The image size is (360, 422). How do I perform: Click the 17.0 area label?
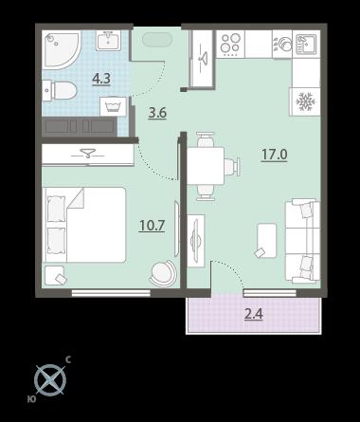(274, 155)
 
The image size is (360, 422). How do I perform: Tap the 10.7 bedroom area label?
(152, 226)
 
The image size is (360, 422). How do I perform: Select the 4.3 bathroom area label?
(101, 79)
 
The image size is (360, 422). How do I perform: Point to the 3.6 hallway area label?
(157, 113)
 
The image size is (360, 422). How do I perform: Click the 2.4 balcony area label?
(254, 314)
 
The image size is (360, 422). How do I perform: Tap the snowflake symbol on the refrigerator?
(305, 101)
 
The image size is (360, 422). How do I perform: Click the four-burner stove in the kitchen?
(230, 44)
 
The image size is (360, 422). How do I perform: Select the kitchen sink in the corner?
(306, 44)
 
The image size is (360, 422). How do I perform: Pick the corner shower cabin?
(62, 50)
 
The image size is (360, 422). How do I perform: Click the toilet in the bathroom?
(60, 91)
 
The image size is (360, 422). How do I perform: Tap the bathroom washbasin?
(109, 41)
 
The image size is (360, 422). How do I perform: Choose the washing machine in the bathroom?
(113, 106)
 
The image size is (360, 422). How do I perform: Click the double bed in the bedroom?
(84, 225)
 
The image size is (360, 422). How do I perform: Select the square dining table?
(206, 166)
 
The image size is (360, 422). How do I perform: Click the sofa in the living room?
(302, 241)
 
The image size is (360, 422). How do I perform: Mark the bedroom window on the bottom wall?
(111, 293)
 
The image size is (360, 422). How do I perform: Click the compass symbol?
(50, 380)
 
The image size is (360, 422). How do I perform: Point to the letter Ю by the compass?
(31, 399)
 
